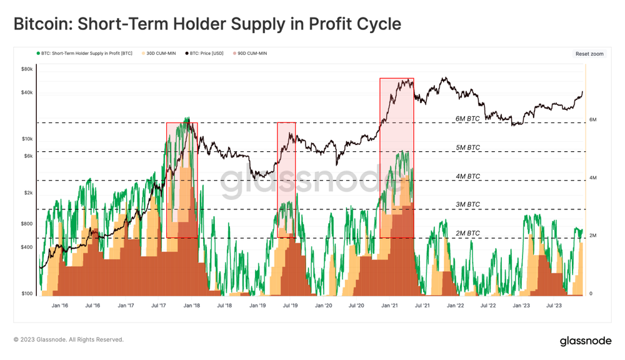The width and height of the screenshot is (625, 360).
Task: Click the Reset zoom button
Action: tap(589, 54)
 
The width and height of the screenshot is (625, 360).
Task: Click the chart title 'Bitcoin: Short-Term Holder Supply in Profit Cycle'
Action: tap(207, 24)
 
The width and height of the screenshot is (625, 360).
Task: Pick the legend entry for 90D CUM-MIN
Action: tap(252, 54)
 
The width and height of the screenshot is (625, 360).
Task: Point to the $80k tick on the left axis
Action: tap(26, 69)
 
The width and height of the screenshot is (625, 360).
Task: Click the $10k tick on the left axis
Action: tap(26, 138)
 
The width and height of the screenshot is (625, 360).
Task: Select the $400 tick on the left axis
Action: tap(26, 247)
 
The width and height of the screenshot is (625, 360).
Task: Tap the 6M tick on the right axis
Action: tap(592, 119)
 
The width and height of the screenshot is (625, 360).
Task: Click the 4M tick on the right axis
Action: tap(592, 178)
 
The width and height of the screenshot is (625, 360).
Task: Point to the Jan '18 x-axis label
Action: tap(191, 306)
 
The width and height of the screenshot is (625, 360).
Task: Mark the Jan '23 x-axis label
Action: tap(521, 306)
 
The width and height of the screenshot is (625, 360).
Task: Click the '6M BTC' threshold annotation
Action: tap(467, 118)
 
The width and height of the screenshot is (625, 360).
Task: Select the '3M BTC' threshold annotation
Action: tap(467, 204)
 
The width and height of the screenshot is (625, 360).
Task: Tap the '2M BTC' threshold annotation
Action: tap(467, 233)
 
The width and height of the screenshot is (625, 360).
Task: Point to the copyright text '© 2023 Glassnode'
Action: tap(69, 340)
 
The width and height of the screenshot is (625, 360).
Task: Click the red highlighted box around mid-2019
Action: tap(286, 179)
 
